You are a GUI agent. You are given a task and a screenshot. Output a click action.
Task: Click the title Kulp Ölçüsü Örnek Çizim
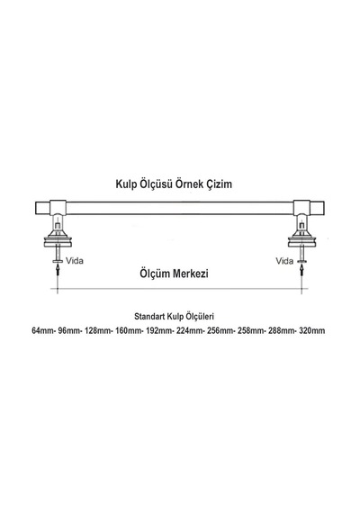174,184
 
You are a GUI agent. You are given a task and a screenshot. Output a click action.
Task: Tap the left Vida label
75,261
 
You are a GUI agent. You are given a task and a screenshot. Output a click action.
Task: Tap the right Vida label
284,261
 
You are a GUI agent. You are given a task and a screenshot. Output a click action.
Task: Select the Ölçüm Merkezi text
174,274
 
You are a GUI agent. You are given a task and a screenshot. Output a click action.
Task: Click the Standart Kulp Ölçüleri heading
174,317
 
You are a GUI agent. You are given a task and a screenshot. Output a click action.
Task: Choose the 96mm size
68,330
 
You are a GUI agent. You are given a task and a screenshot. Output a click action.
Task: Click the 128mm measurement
97,330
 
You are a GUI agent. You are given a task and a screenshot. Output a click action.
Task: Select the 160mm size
128,330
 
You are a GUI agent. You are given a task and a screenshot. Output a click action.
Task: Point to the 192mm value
158,330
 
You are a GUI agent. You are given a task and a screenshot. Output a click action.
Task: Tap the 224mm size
189,330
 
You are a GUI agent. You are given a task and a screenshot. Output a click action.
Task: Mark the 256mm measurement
220,330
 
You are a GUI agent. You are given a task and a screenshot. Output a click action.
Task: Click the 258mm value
250,330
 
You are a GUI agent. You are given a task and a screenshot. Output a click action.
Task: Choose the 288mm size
281,330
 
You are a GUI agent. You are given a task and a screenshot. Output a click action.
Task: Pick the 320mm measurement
312,330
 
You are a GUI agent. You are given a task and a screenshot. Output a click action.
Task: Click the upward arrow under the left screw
58,271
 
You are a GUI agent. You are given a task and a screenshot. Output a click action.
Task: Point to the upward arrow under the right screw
301,271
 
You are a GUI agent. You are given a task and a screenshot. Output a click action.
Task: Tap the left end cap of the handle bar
42,209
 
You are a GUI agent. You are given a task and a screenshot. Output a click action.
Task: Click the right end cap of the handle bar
317,209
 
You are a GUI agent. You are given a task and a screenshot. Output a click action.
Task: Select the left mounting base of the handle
58,239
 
